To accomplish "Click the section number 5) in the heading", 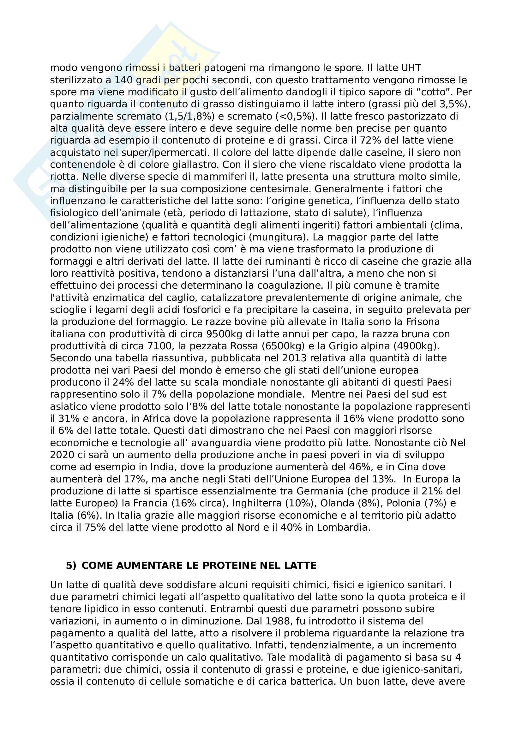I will [71, 566].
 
